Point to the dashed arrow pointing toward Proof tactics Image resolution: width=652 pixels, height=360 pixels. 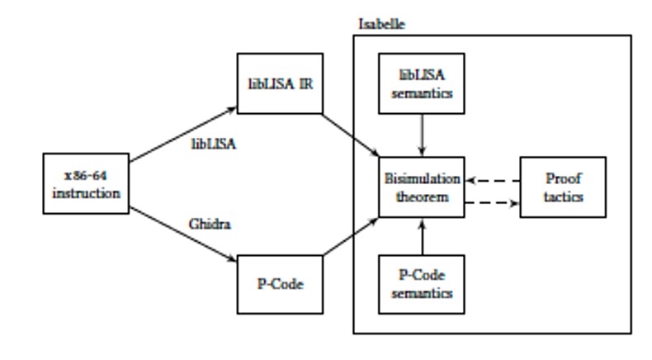tap(492, 201)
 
